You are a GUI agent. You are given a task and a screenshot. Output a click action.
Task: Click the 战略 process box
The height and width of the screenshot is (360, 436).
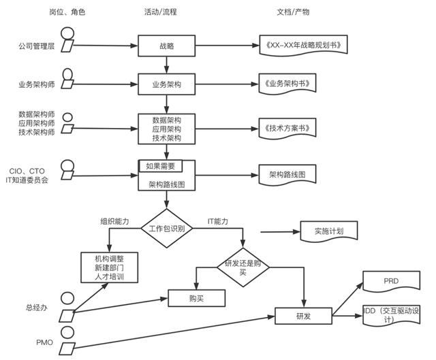tap(167, 46)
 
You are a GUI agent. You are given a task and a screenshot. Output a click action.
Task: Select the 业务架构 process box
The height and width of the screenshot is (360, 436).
tap(167, 85)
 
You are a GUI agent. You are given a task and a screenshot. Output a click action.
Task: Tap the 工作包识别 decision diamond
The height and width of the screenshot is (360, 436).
tap(167, 229)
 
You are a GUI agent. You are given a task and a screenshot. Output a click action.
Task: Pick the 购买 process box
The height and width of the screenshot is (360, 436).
tap(196, 297)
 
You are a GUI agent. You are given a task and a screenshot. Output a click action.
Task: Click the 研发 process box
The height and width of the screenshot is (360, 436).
tap(303, 316)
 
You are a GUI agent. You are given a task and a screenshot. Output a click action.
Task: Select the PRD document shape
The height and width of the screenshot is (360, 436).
tap(392, 281)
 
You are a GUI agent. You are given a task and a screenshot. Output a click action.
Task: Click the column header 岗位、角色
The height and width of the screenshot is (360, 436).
tap(68, 12)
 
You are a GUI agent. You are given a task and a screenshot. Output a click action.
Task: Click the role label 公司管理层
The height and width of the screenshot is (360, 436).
tap(35, 46)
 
